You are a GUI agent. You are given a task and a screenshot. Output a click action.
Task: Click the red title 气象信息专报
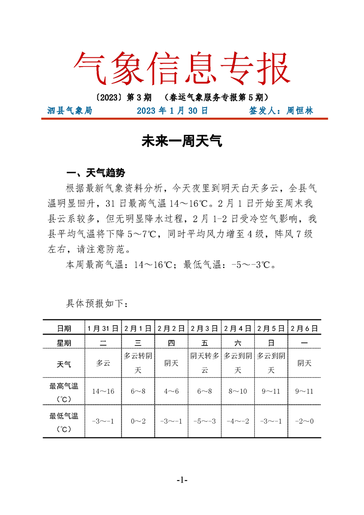pyautogui.click(x=182, y=68)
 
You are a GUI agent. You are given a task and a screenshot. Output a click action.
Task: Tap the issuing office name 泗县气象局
pyautogui.click(x=70, y=111)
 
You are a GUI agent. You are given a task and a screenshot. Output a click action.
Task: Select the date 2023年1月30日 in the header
pyautogui.click(x=173, y=111)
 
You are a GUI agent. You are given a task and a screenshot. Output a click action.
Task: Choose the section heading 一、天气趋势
pyautogui.click(x=95, y=173)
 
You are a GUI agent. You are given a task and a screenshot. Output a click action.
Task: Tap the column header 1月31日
pyautogui.click(x=103, y=328)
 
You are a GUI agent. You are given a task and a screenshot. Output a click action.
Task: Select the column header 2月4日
pyautogui.click(x=237, y=328)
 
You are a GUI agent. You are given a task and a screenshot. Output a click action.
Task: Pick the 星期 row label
pyautogui.click(x=64, y=343)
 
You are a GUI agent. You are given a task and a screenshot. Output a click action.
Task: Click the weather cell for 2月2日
pyautogui.click(x=171, y=364)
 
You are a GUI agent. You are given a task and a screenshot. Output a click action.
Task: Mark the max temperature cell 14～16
pyautogui.click(x=103, y=391)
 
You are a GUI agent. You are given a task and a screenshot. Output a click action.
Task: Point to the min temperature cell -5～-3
pyautogui.click(x=205, y=421)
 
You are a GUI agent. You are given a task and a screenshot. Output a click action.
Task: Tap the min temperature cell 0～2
pyautogui.click(x=138, y=421)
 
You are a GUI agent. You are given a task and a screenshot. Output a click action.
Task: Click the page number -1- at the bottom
pyautogui.click(x=182, y=480)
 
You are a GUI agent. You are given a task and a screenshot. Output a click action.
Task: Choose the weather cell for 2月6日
pyautogui.click(x=304, y=364)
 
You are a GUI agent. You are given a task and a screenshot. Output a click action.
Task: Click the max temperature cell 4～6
pyautogui.click(x=171, y=391)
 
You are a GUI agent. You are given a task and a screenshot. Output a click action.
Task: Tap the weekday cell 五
pyautogui.click(x=205, y=343)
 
